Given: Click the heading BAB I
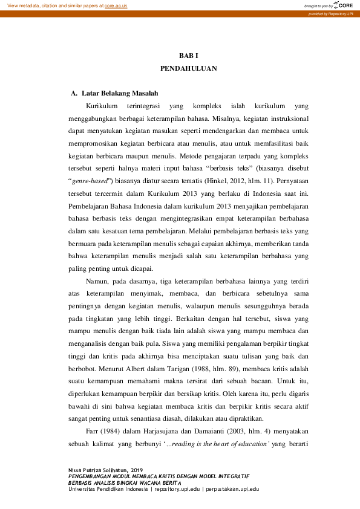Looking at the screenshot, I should [x=189, y=55].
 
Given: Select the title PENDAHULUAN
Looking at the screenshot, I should [x=189, y=69].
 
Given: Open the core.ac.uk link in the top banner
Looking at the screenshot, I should [x=116, y=5].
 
